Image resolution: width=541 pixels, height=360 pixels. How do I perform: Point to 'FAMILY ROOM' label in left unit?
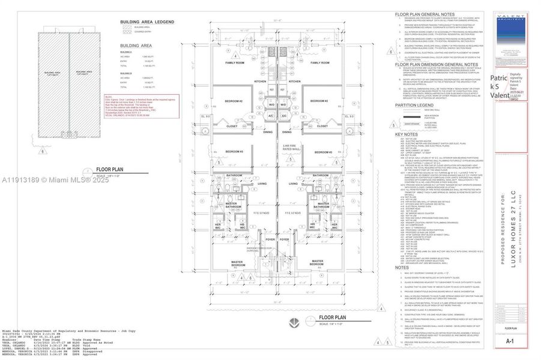pyautogui.click(x=235, y=63)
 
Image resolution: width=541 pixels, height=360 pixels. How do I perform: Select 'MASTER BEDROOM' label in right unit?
pyautogui.click(x=316, y=263)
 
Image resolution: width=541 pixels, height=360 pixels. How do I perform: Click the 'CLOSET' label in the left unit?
pyautogui.click(x=232, y=127)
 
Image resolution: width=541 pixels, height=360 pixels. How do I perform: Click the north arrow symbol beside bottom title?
pyautogui.click(x=293, y=322)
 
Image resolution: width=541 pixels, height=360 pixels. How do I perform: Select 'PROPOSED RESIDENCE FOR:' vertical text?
pyautogui.click(x=500, y=222)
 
